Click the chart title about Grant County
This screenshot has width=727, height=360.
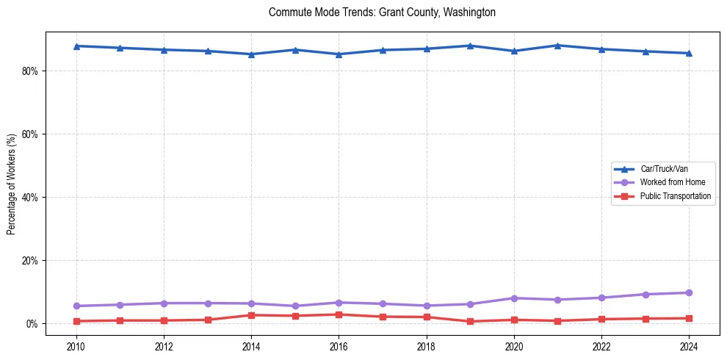(382, 12)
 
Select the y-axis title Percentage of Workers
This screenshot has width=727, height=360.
(12, 184)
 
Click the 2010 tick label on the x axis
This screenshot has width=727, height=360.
(76, 345)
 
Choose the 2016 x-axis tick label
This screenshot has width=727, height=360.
(339, 345)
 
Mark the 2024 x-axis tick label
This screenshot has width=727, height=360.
(689, 345)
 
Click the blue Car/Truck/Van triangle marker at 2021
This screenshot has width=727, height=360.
(557, 46)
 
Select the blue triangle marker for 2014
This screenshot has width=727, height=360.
(251, 54)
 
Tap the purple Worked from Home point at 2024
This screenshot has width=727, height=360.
(689, 292)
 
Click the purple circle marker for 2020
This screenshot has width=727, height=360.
(514, 298)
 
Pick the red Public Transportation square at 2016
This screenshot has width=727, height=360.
(339, 314)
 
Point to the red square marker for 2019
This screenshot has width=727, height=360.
(470, 321)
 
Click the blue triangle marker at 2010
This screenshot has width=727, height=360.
(76, 46)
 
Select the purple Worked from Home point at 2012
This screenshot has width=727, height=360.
(164, 303)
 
